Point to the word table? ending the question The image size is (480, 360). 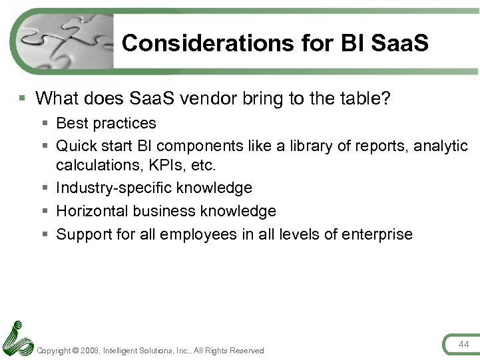365,98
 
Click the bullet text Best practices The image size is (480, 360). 106,123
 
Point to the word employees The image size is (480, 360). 200,234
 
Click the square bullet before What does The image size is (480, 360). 23,98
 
